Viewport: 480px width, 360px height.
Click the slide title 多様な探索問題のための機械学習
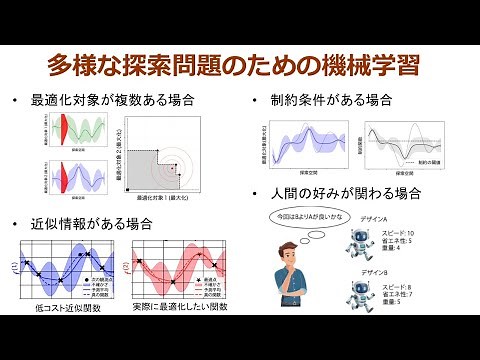point(240,67)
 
